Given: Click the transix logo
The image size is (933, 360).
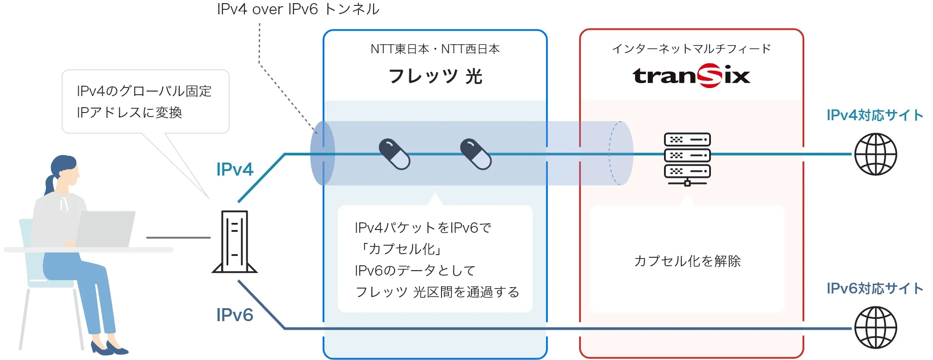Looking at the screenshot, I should point(691,76).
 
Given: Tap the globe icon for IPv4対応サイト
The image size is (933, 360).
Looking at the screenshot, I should point(875,154).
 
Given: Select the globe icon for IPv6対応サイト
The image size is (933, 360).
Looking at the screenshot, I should point(875,327).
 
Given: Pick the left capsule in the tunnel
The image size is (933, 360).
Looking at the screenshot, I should point(394,154).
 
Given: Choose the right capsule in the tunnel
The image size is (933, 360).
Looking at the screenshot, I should point(475,154).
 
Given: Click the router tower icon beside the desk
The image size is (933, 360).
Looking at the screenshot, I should point(235,242).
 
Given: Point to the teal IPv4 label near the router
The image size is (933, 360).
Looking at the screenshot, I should point(235,169).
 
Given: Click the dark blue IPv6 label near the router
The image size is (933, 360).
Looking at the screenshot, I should point(235,315).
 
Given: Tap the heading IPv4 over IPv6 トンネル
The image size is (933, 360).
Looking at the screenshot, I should point(298,9).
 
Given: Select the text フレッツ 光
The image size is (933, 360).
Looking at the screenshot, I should point(435,76).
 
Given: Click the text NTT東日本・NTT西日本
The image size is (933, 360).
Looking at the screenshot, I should point(435,49).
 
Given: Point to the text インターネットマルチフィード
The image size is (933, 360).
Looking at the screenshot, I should point(691,49).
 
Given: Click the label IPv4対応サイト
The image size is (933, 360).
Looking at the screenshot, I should point(874,115).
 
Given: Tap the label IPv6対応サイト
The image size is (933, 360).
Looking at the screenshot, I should point(874,289).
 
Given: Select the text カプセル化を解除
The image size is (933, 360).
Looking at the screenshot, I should point(687,261).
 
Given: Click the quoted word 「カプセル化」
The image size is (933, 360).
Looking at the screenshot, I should point(400,249).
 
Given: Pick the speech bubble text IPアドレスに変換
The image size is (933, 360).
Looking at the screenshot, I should point(130,113).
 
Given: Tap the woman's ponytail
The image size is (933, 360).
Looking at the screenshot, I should point(50,184).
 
